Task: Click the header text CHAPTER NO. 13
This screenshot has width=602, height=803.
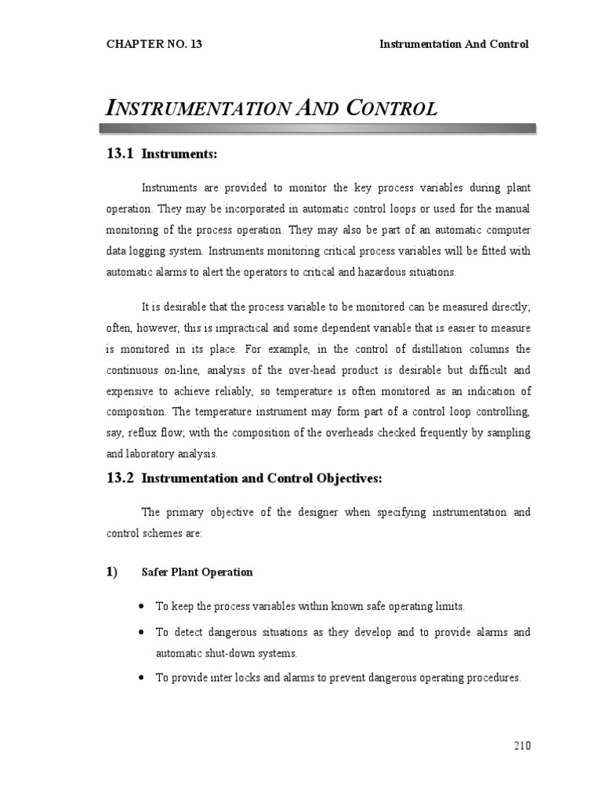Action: [154, 44]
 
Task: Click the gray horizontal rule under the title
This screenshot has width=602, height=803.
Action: [321, 127]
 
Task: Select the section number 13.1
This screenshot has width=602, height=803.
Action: [120, 154]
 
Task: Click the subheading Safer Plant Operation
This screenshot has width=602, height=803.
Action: [197, 572]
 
